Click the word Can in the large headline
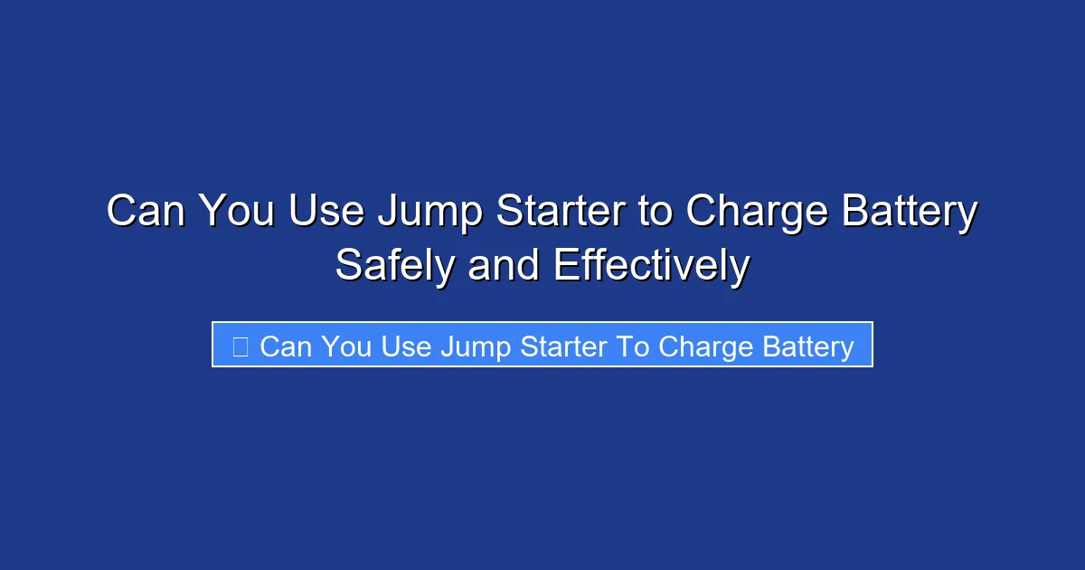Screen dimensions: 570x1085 (145, 213)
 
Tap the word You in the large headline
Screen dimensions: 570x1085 (236, 213)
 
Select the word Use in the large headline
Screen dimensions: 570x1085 (326, 213)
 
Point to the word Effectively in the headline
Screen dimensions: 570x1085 (651, 267)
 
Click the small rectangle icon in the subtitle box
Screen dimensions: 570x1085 (240, 347)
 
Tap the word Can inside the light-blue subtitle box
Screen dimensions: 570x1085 (284, 347)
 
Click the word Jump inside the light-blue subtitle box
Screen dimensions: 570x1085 (474, 347)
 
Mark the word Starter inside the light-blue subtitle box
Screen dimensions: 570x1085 (560, 347)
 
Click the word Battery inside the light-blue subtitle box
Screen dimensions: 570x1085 (803, 347)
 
